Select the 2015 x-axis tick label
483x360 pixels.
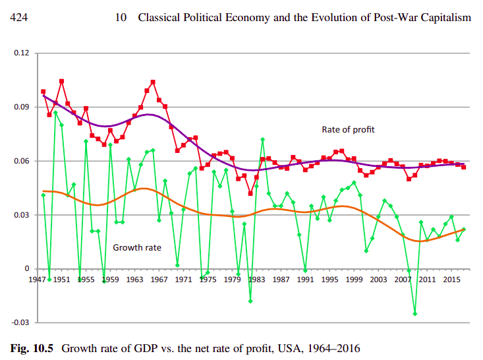[452, 280]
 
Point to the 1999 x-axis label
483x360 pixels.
[355, 280]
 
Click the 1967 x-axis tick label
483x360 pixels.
[159, 280]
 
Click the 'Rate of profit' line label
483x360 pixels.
[348, 130]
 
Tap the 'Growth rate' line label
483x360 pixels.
[138, 248]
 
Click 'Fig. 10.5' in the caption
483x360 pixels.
[34, 346]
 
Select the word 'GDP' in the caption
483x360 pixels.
[148, 346]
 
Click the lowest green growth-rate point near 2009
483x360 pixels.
[414, 314]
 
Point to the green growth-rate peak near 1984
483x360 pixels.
[262, 139]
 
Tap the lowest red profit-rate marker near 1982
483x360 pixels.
[250, 193]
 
